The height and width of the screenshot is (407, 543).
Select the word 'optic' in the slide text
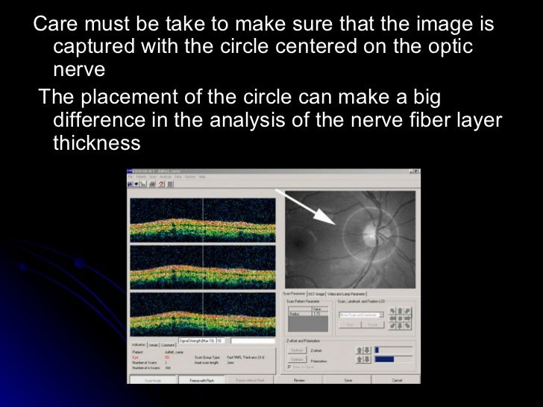click(449, 47)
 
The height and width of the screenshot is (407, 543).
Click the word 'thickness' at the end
click(97, 142)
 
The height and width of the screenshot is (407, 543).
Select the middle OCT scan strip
click(203, 266)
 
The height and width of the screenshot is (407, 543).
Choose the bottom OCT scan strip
click(203, 313)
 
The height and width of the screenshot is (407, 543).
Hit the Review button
click(298, 380)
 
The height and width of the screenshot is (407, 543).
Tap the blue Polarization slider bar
click(386, 359)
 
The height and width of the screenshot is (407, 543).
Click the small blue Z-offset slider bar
click(377, 348)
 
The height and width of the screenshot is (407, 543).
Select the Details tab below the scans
click(153, 345)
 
